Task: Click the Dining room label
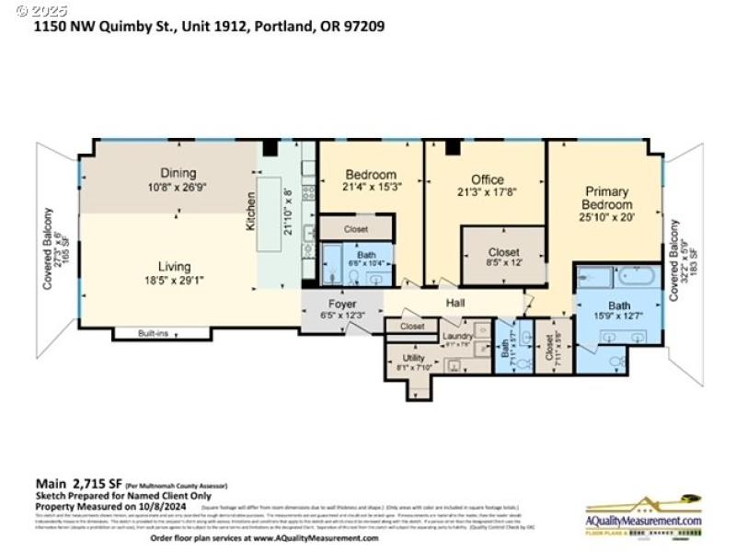tap(178, 172)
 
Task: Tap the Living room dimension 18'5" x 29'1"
tap(178, 281)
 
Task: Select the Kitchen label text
tap(251, 211)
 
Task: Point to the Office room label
tap(487, 179)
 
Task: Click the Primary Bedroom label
tap(606, 198)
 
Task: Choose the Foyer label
tap(342, 304)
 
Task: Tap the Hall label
tap(455, 303)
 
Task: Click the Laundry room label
tap(457, 336)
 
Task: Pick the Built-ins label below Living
tap(153, 333)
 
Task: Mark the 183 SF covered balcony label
tap(682, 260)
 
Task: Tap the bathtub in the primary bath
tap(636, 275)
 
